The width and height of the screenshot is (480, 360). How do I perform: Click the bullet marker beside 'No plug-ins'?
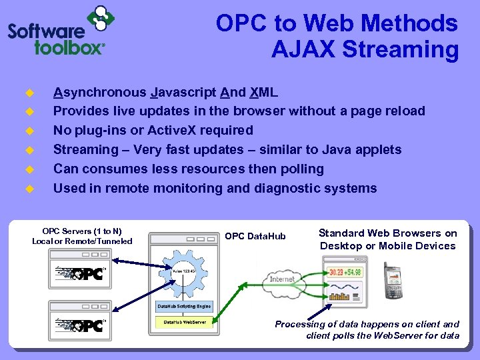click(29, 131)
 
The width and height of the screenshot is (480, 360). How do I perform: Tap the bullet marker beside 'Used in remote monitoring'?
click(29, 189)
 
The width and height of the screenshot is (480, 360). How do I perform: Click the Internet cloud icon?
click(283, 279)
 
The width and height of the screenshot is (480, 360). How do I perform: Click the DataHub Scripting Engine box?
click(184, 307)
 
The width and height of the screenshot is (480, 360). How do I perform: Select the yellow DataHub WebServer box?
click(185, 322)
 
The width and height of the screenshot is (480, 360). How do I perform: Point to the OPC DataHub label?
click(255, 237)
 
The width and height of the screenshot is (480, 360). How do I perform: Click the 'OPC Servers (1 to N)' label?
click(81, 231)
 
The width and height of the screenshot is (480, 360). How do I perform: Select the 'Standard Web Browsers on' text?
click(387, 233)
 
